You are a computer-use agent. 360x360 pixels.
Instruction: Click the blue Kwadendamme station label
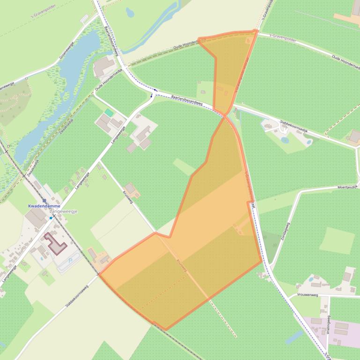[x=44, y=206]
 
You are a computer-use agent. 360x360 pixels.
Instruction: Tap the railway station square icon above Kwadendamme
[x=44, y=201]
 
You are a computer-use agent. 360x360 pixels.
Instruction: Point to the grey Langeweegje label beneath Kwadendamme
[x=63, y=212]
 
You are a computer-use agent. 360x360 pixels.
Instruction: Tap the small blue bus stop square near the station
[x=51, y=217]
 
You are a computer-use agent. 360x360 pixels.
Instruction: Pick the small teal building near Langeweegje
[x=109, y=113]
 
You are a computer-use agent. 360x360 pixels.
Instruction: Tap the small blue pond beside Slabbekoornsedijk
[x=285, y=139]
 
